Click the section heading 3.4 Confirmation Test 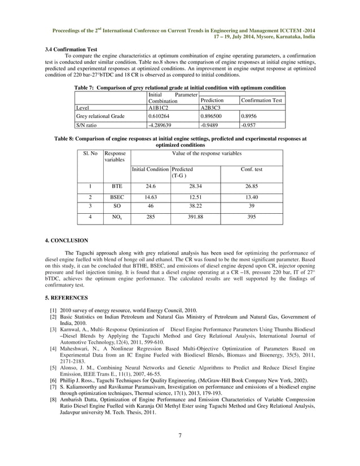pos(71,50)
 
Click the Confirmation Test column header pos(261,100)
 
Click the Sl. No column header pos(90,153)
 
